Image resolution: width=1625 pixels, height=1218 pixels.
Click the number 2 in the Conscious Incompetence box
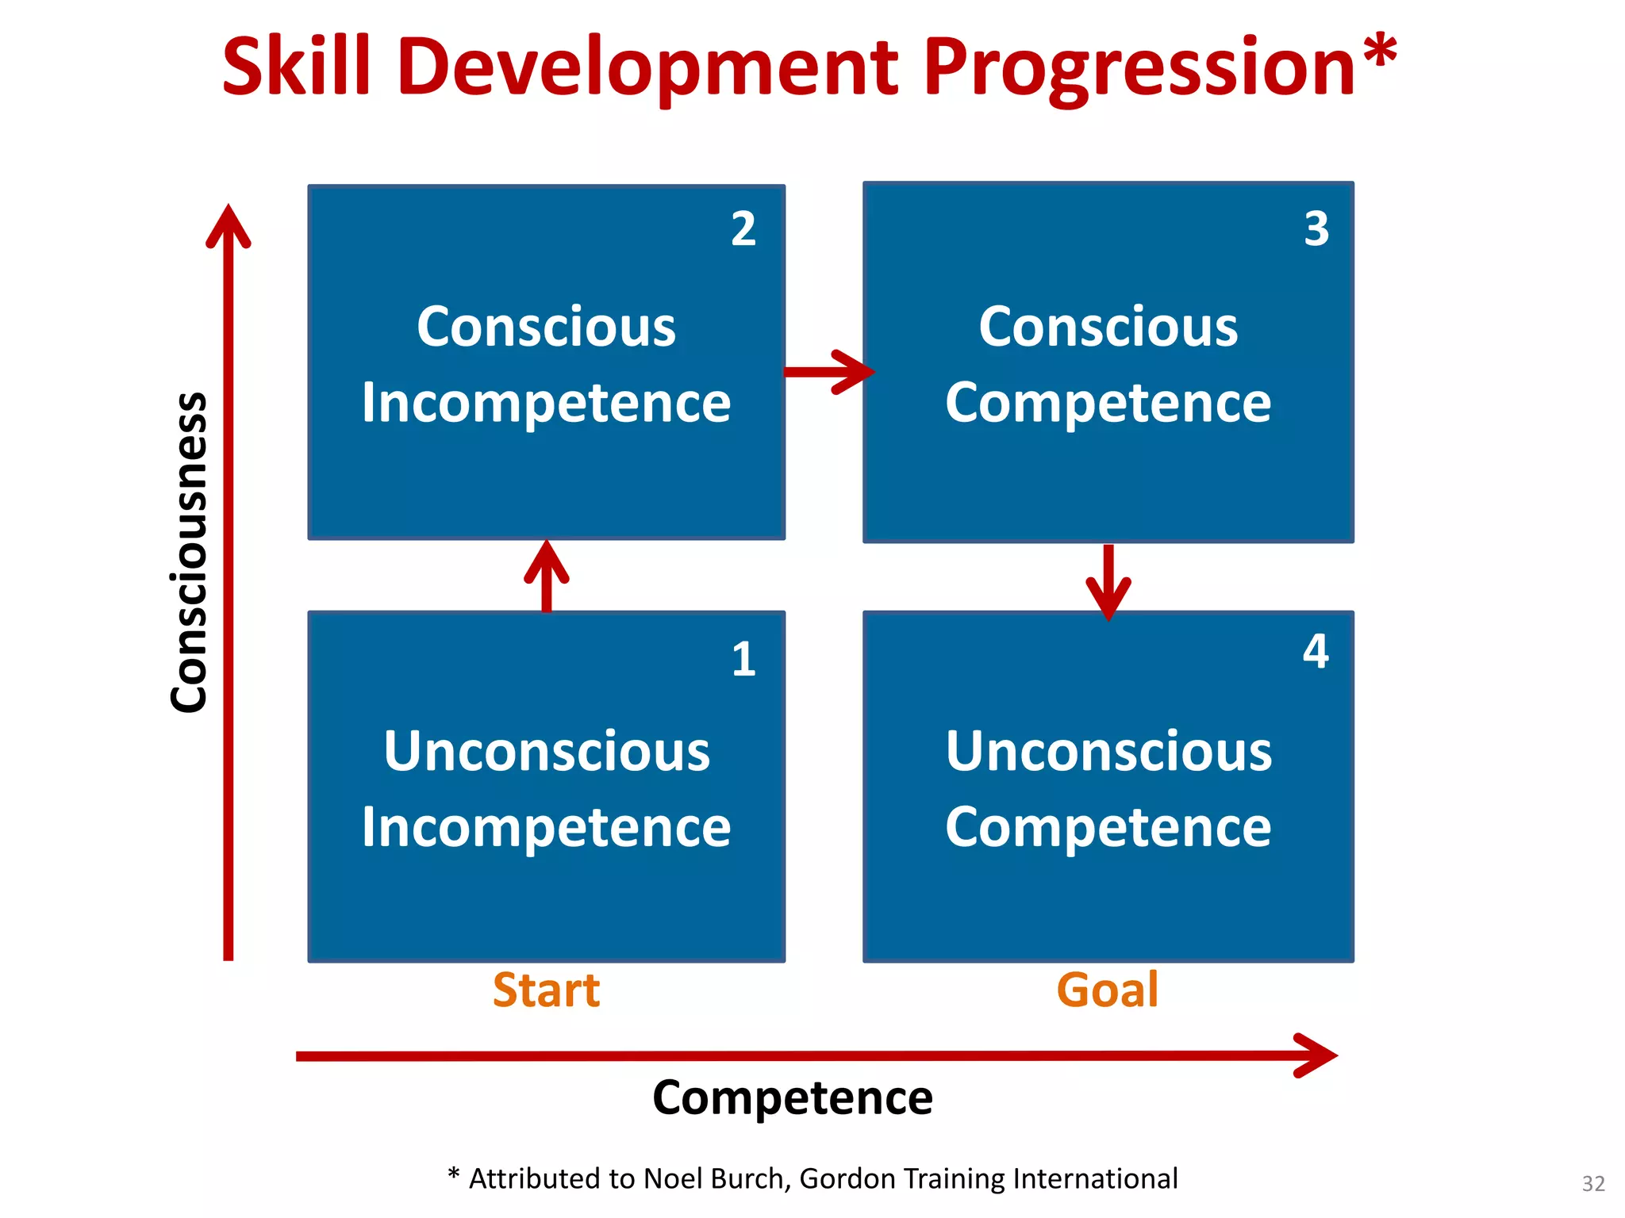[743, 229]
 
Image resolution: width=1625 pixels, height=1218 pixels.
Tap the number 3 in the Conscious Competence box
[1316, 229]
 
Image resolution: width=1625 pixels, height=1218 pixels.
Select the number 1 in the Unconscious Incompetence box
[743, 659]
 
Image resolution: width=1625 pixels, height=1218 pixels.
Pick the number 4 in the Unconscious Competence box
[1316, 652]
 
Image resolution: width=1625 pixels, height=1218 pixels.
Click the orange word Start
[546, 990]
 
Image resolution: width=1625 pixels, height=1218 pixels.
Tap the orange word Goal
[1108, 990]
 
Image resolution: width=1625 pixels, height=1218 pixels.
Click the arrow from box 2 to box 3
[828, 371]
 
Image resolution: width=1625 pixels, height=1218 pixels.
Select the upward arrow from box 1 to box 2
[547, 574]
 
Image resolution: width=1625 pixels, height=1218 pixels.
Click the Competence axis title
[793, 1098]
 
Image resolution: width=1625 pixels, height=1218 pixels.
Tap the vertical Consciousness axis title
[190, 553]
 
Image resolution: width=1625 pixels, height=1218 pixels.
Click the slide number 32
[1593, 1183]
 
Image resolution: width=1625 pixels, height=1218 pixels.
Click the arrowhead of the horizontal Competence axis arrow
[1317, 1055]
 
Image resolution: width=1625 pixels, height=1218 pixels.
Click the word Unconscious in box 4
[1108, 751]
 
